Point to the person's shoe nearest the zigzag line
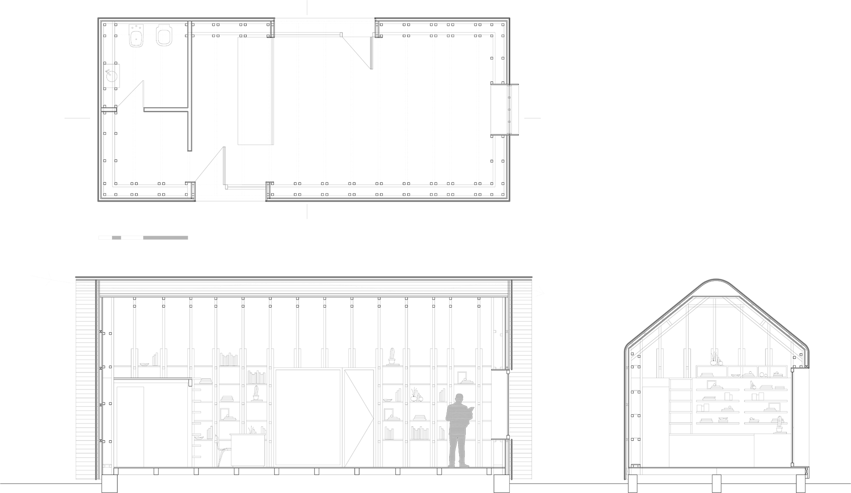pyautogui.click(x=464, y=465)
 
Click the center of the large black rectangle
pyautogui.click(x=304, y=109)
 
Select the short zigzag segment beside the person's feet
pyautogui.click(x=512, y=459)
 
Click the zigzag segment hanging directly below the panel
pyautogui.click(x=512, y=325)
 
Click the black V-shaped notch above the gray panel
pyautogui.click(x=522, y=134)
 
